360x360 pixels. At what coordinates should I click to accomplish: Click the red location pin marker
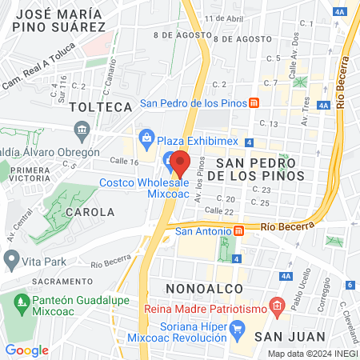179,163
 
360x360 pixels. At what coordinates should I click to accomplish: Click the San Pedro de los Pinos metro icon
254,103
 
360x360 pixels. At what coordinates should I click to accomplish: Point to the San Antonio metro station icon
238,231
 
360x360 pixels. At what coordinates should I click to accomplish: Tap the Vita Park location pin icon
12,259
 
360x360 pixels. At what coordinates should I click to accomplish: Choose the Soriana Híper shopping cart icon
237,329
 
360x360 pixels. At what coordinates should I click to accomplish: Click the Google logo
27,350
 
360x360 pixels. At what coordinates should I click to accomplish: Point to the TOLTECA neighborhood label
100,106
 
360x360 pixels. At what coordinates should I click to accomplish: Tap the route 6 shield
350,285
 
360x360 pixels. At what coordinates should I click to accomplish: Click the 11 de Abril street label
223,18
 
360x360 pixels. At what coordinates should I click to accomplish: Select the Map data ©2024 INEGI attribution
310,353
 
